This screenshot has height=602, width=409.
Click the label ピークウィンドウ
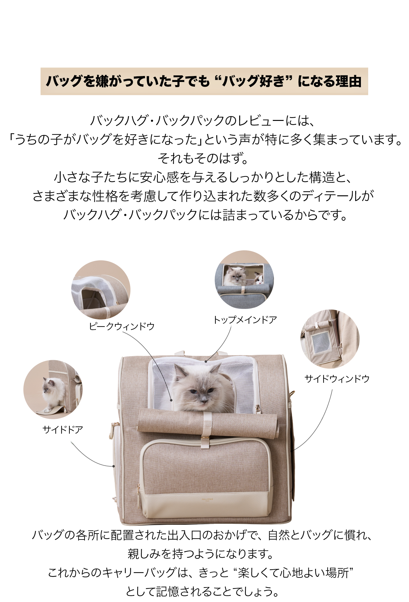pyautogui.click(x=122, y=327)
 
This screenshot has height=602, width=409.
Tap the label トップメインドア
pyautogui.click(x=245, y=320)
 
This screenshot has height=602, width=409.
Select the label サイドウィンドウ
pyautogui.click(x=337, y=379)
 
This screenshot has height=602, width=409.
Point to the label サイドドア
pyautogui.click(x=63, y=430)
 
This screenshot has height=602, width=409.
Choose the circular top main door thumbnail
pyautogui.click(x=244, y=279)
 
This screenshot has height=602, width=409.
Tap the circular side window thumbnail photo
pyautogui.click(x=330, y=339)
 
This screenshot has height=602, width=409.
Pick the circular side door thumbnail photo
pyautogui.click(x=53, y=389)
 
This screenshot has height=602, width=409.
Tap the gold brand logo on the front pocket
pyautogui.click(x=207, y=498)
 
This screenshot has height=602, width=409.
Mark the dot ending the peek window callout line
pyautogui.click(x=171, y=400)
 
